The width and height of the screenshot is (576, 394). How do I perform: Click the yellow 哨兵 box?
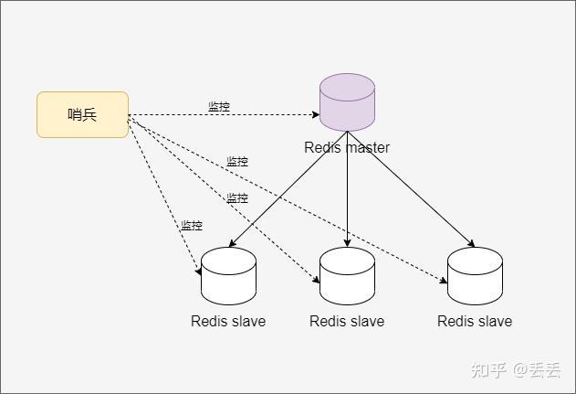pos(83,115)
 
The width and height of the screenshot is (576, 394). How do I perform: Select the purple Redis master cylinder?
pos(347,102)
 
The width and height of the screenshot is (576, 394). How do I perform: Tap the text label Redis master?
pos(347,147)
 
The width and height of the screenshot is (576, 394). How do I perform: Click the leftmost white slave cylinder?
pos(228,276)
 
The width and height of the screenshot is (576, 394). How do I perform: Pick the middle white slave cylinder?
pos(347,276)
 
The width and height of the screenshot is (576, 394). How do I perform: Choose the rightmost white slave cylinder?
pos(475,276)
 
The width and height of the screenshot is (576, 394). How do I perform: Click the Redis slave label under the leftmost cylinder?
pos(228,321)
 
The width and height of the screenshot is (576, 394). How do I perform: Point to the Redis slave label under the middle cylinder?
pos(347,321)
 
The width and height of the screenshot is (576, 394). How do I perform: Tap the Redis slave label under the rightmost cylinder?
pos(475,321)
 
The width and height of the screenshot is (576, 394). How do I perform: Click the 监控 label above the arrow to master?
pos(219,107)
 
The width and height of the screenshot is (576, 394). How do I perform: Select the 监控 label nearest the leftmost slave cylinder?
pos(192,225)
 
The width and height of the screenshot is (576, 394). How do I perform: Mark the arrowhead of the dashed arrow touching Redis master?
pos(316,115)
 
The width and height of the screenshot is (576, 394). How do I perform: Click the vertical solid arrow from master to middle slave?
pos(347,189)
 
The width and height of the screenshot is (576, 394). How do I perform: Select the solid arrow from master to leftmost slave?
pos(288,189)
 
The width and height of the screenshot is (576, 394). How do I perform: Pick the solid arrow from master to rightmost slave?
pos(411,189)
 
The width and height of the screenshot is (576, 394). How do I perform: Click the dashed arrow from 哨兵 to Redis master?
pos(224,115)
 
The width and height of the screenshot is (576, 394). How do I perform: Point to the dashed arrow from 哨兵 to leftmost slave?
pos(164,195)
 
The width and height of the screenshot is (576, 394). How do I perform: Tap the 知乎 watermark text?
pos(488,370)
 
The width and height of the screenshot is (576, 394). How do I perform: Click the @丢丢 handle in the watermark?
pos(537,370)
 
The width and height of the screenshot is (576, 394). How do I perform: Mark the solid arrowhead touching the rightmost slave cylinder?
pos(472,243)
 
